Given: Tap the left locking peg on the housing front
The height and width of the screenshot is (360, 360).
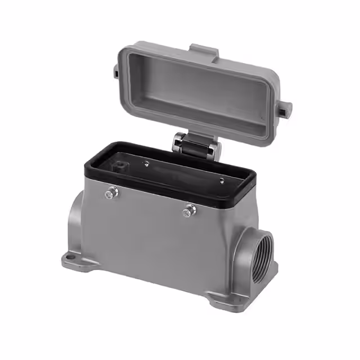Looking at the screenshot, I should (x=111, y=193).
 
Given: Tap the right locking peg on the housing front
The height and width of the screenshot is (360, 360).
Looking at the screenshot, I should (x=190, y=211).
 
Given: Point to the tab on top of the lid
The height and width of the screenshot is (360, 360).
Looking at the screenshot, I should (x=204, y=52).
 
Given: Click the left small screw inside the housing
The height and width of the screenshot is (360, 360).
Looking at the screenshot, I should (x=146, y=164).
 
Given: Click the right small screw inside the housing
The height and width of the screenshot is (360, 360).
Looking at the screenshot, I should (x=221, y=180).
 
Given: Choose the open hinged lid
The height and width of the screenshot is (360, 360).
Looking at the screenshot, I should (x=200, y=90).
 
